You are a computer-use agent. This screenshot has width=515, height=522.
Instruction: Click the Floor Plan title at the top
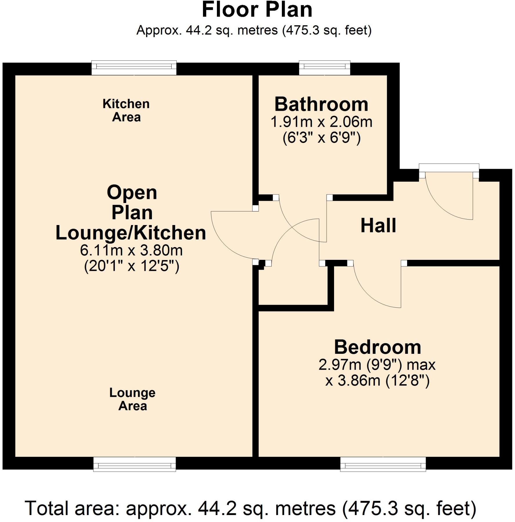click(x=257, y=10)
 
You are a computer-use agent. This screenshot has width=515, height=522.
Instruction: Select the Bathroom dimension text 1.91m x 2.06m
click(x=321, y=122)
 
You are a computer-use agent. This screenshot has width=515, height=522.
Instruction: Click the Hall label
click(x=378, y=226)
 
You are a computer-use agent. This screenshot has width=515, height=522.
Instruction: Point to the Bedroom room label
click(x=377, y=347)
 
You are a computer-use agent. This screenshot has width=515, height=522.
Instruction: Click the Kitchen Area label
click(x=126, y=110)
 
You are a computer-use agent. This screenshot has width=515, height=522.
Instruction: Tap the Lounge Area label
click(x=133, y=399)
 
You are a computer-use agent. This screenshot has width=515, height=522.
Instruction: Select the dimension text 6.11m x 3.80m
click(x=131, y=251)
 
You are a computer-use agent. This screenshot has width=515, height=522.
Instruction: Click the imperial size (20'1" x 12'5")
click(x=132, y=266)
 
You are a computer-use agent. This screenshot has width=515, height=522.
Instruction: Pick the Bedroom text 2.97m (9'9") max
click(x=377, y=365)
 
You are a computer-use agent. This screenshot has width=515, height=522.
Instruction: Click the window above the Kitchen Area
click(x=134, y=68)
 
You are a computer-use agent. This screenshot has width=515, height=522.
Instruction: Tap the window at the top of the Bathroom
click(x=324, y=68)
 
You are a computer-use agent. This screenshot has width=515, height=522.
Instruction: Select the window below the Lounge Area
click(x=135, y=465)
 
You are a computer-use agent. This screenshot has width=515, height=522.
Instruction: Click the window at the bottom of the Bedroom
click(x=383, y=465)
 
